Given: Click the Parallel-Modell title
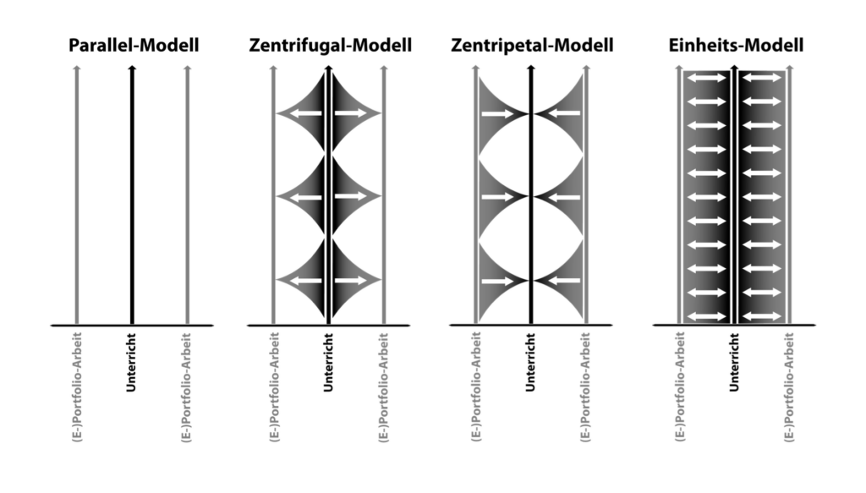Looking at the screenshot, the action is (134, 46).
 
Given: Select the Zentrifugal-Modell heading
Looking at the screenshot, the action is (331, 46).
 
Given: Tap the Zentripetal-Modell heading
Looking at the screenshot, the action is (532, 46).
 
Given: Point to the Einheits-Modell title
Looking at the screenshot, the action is (736, 46).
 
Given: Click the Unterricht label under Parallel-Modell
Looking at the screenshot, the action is (131, 362).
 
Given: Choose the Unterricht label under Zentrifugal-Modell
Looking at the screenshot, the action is (329, 362).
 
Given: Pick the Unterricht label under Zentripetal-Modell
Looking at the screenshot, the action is (531, 362).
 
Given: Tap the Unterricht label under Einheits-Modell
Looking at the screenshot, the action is (734, 362).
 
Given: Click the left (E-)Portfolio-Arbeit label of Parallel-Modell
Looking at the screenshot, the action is (77, 387).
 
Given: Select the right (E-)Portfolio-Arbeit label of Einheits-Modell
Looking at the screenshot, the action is (789, 387).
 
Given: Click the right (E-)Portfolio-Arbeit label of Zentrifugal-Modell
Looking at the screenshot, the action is (384, 387).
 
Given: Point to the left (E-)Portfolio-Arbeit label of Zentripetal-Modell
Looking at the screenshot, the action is (476, 387).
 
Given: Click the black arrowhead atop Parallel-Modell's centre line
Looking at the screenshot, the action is (131, 68).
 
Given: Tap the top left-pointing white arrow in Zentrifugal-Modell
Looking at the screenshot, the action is (306, 113).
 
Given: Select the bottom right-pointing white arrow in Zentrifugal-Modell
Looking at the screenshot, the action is (351, 281).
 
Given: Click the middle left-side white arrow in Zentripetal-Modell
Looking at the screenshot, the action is (498, 197).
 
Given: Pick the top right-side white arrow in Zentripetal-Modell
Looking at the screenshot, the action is (564, 113).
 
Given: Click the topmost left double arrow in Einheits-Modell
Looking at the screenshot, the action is (707, 78).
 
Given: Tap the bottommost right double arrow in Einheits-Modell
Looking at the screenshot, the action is (762, 316).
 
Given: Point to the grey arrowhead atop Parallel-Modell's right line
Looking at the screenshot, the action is (187, 68).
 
